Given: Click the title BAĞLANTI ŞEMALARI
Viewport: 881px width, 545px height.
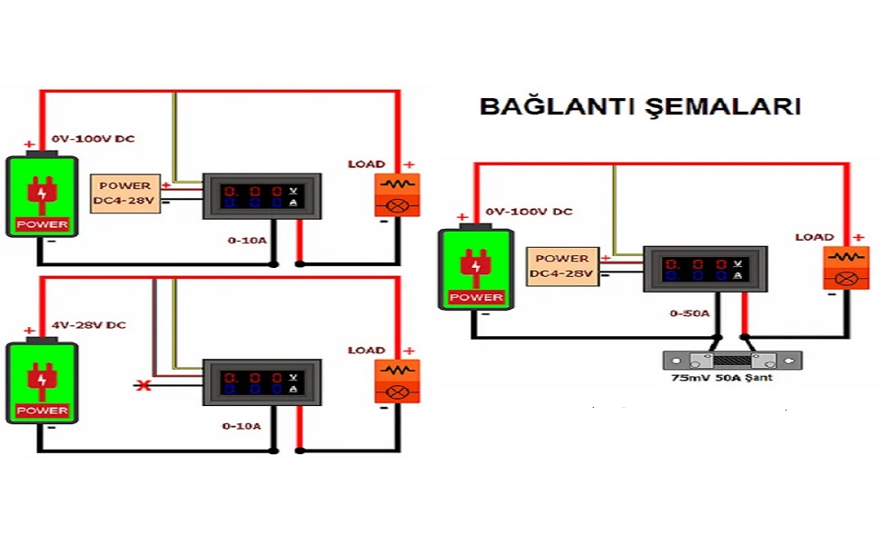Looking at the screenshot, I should (640, 106).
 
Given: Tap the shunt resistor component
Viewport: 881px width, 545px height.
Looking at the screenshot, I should (732, 359).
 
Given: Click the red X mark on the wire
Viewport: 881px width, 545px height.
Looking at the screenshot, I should (142, 386).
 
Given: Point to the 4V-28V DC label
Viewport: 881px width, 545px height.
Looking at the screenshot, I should (88, 324).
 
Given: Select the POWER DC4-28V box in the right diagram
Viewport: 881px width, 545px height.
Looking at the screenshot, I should (563, 266).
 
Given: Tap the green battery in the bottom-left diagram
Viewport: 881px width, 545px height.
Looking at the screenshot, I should (42, 381).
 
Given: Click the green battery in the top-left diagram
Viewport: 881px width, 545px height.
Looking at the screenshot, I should (42, 196).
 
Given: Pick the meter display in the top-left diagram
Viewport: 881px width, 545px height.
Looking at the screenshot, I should (262, 196).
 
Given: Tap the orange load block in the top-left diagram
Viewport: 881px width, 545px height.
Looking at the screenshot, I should (397, 194).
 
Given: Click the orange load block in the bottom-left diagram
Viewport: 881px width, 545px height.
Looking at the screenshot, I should (397, 381).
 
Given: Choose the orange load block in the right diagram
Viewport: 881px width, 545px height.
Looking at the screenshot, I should (846, 268).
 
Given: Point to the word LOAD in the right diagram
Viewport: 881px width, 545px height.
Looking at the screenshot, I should (814, 237).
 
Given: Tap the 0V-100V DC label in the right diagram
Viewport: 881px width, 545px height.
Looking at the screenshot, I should (529, 211).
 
